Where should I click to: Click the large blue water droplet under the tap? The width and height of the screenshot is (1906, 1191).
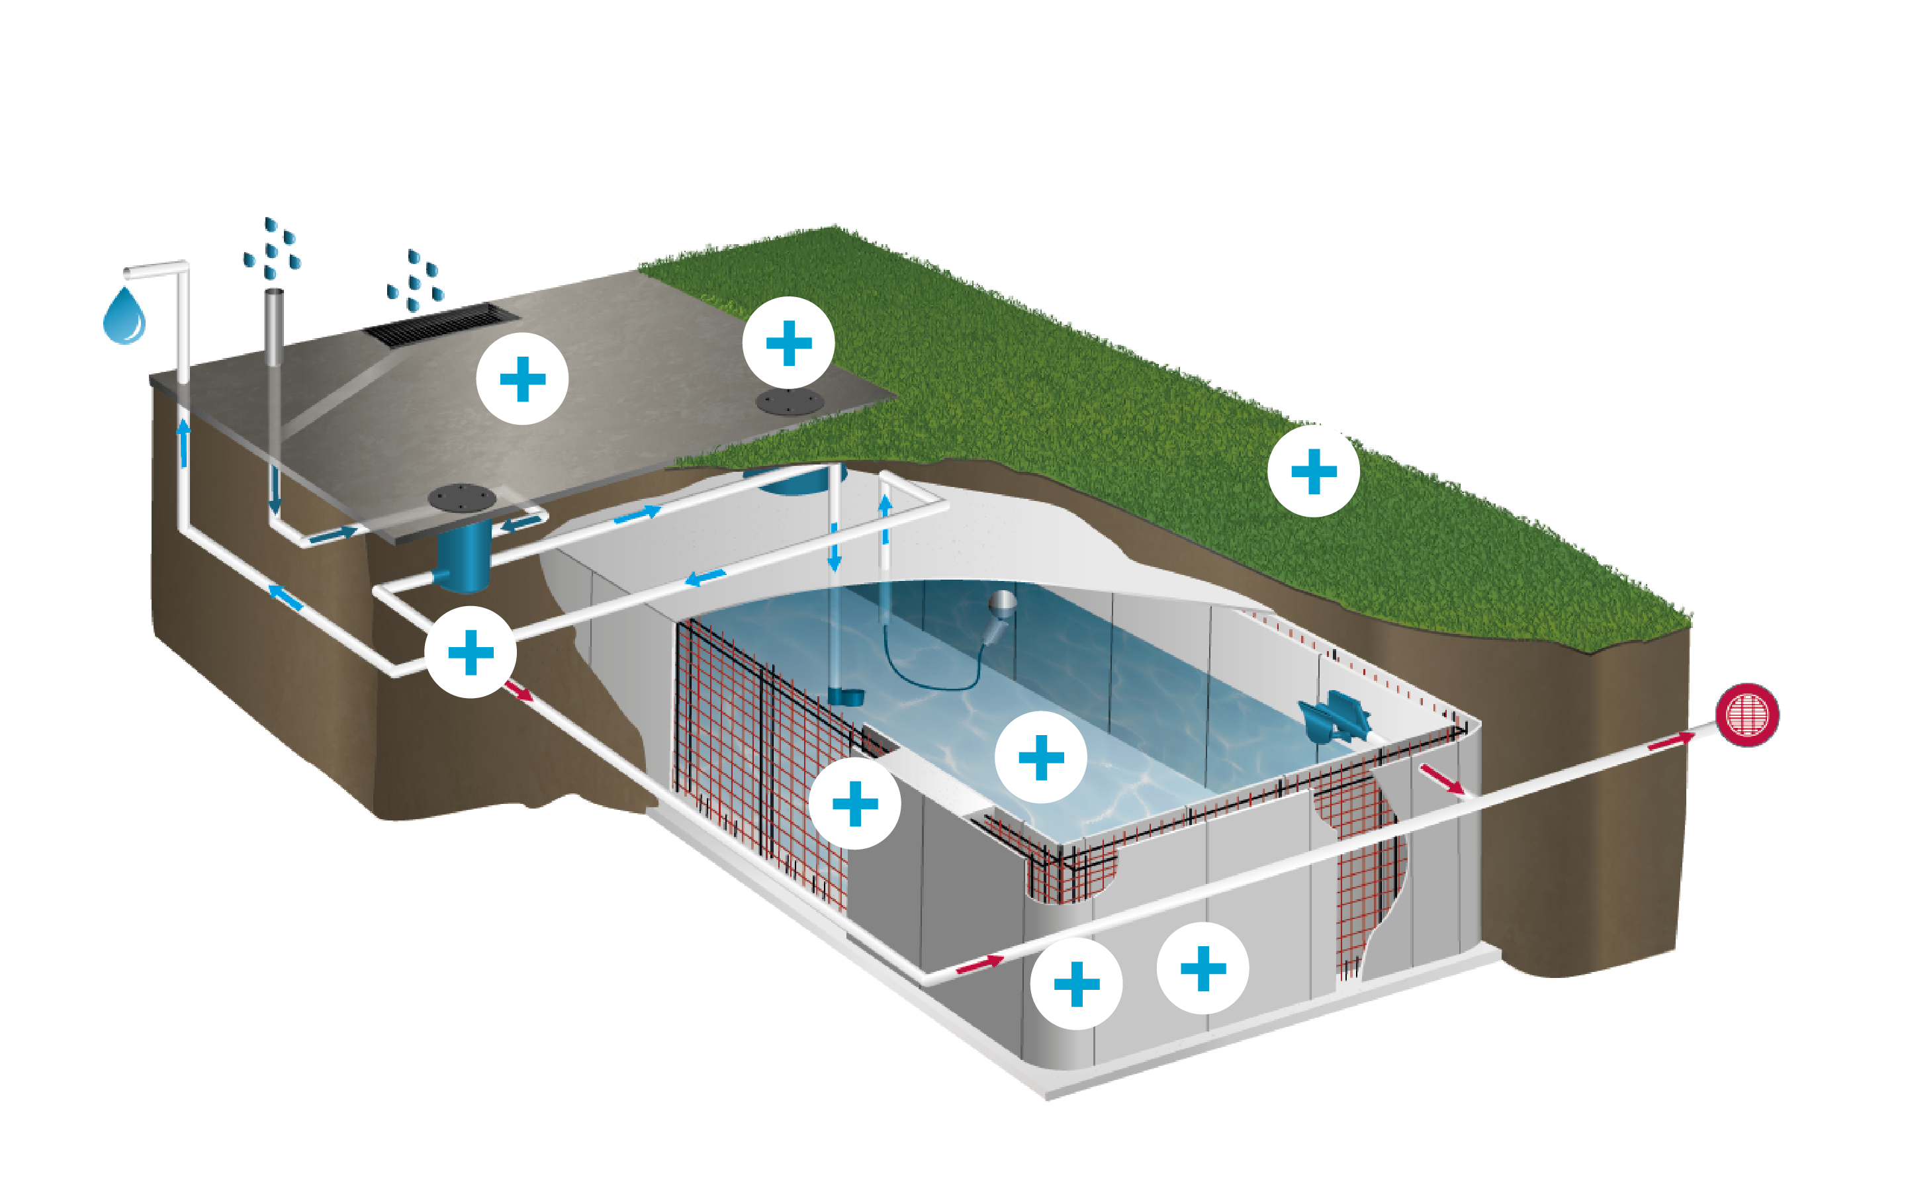point(124,317)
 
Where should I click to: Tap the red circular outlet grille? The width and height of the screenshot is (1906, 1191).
point(1747,715)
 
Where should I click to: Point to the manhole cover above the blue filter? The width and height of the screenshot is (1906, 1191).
point(461,498)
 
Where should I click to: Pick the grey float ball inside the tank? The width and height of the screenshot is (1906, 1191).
point(1003,603)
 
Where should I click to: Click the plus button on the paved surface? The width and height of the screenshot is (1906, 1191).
point(522,379)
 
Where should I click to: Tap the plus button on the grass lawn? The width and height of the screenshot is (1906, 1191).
point(1313,471)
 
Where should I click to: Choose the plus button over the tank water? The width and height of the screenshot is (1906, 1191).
point(1041,757)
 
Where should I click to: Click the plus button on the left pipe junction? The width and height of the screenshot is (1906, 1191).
point(470,652)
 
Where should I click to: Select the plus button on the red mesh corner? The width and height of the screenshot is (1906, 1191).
point(854,803)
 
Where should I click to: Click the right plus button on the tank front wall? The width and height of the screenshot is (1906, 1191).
point(1203,968)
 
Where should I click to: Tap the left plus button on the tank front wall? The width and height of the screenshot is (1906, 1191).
point(1076,984)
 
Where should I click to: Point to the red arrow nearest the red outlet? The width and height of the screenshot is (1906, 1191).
point(1670,741)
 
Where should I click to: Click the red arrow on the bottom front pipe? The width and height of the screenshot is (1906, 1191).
point(979,964)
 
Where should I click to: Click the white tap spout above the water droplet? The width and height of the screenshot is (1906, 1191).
point(155,269)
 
